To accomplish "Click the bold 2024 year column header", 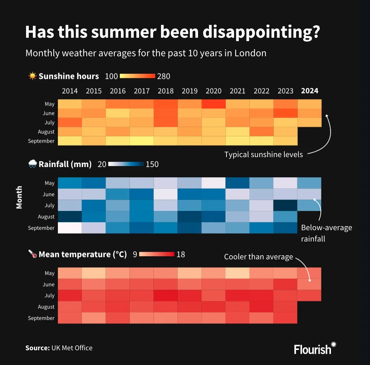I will (x=309, y=91).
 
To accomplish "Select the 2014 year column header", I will (x=70, y=91).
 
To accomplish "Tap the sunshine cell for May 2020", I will (x=213, y=104).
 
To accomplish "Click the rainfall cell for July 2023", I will (x=285, y=205).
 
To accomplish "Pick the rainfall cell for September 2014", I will (x=70, y=228).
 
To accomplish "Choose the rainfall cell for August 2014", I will (x=70, y=216).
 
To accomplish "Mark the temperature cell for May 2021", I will (x=237, y=273).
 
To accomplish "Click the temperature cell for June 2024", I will (x=309, y=284).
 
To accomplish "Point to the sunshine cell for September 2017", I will (x=141, y=141).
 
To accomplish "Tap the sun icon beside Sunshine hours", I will (x=33, y=76).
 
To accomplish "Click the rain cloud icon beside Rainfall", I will (x=33, y=164).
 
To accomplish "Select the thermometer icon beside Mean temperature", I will (x=33, y=254).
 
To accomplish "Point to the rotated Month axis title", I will (x=19, y=197).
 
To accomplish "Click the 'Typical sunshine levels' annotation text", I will (x=263, y=155).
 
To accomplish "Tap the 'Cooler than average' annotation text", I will (x=258, y=257).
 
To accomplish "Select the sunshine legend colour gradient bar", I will (x=137, y=76).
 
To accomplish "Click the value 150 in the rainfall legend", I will (x=152, y=164).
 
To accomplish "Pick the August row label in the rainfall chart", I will (x=46, y=217).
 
